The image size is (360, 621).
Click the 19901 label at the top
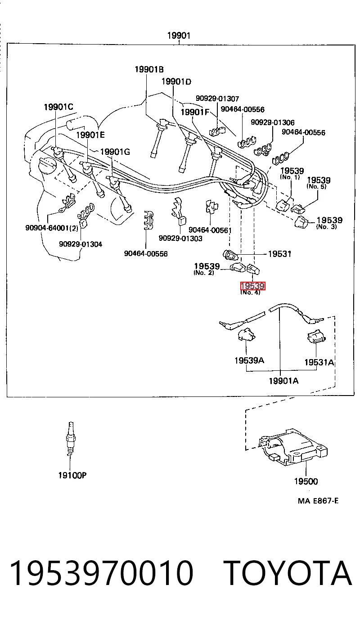179,36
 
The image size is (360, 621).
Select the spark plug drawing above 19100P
71,439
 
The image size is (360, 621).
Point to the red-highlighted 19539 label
253,286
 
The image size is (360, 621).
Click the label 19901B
149,69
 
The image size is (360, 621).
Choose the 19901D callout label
176,81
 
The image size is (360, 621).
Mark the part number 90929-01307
217,99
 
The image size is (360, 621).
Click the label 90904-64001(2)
52,228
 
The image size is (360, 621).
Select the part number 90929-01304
81,244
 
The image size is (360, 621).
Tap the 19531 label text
279,254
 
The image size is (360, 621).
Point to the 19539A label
249,360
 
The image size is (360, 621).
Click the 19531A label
319,362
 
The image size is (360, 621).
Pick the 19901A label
283,381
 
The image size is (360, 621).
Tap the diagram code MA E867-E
318,501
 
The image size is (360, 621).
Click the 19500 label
306,481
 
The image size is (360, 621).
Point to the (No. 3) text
326,226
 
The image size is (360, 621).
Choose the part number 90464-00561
210,230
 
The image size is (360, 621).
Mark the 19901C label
58,107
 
